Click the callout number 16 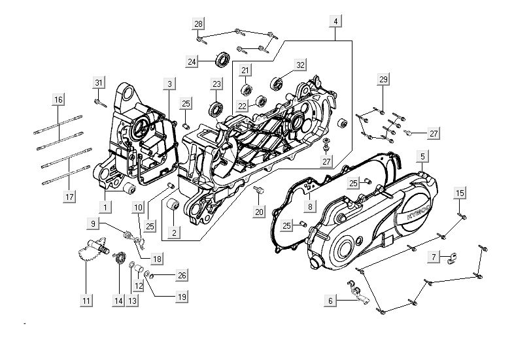click(58, 100)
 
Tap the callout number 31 click(99, 83)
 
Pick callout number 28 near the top click(197, 24)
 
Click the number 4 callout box click(335, 22)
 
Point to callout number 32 click(300, 65)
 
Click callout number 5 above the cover click(422, 157)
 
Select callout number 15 click(460, 193)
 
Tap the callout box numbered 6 click(331, 301)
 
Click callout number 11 click(86, 301)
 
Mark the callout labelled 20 click(259, 211)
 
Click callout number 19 click(181, 297)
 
